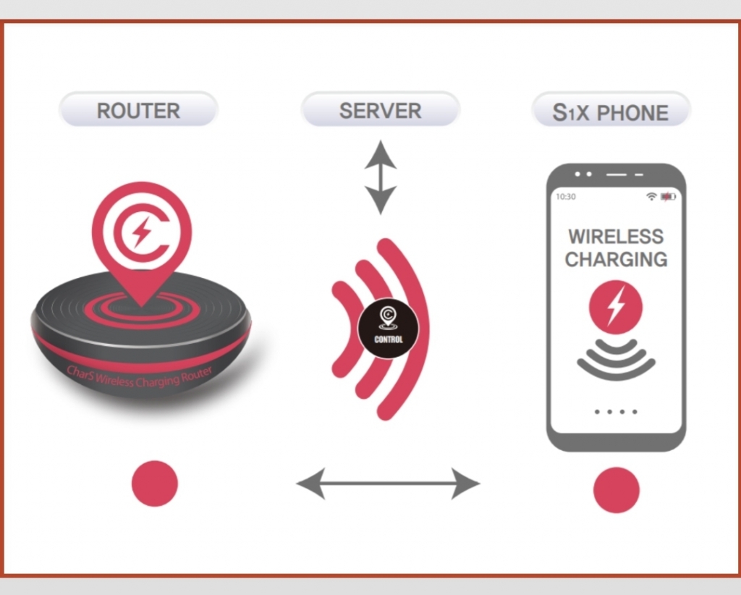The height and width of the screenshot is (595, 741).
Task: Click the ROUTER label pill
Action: click(138, 109)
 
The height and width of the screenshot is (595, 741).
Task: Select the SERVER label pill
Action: click(380, 109)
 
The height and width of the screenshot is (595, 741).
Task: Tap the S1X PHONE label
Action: click(611, 111)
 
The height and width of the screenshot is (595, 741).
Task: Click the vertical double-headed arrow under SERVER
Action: click(381, 177)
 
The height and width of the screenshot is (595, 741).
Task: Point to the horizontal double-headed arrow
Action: click(388, 484)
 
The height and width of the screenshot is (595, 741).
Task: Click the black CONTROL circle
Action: click(388, 328)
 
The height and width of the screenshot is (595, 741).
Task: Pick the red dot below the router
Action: click(155, 484)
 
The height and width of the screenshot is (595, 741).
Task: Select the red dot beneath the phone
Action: click(617, 490)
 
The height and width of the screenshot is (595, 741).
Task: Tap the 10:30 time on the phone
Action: click(566, 197)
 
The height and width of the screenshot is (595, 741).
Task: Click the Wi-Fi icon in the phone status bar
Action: click(652, 197)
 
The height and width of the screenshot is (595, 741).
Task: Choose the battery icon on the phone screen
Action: click(668, 197)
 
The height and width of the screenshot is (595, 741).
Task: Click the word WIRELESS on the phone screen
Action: click(616, 236)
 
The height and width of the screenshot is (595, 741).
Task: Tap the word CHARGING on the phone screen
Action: click(616, 259)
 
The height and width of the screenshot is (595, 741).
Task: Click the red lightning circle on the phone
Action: click(616, 307)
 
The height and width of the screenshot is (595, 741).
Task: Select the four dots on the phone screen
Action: click(616, 412)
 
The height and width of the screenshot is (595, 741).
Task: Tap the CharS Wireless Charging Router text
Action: click(140, 377)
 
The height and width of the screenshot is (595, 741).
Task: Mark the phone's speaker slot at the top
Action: click(617, 174)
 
